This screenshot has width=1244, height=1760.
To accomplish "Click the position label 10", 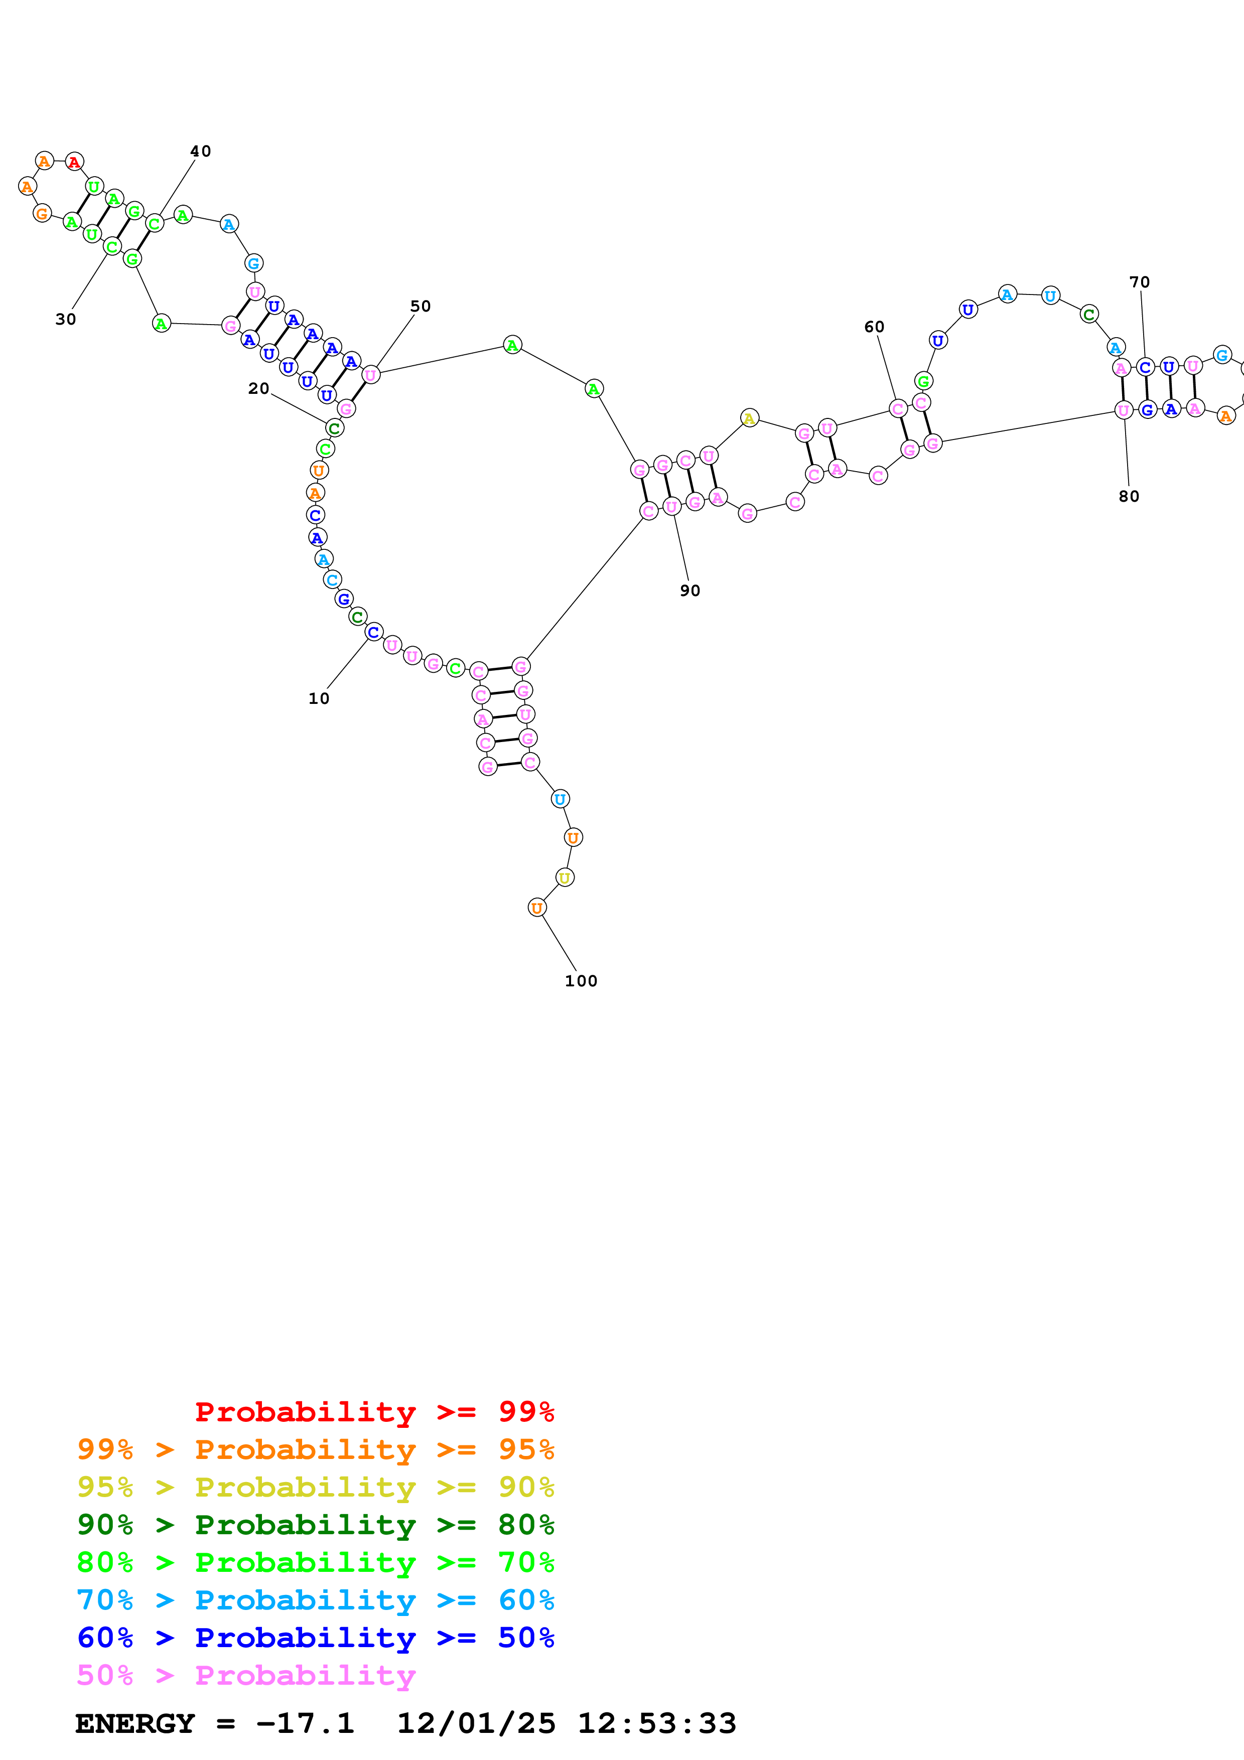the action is pyautogui.click(x=319, y=698).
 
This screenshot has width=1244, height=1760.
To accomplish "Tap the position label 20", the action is pyautogui.click(x=258, y=389).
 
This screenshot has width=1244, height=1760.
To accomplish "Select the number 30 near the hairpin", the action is pyautogui.click(x=66, y=319).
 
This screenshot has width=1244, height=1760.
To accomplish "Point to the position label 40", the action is pyautogui.click(x=201, y=151).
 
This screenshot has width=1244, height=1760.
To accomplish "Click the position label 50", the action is pyautogui.click(x=420, y=306).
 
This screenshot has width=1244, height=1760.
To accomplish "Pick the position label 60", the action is pyautogui.click(x=874, y=327).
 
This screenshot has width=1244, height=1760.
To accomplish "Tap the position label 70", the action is pyautogui.click(x=1139, y=282).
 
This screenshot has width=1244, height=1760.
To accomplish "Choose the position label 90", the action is pyautogui.click(x=690, y=590).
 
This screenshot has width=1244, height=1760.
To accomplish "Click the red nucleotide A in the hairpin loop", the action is pyautogui.click(x=74, y=162).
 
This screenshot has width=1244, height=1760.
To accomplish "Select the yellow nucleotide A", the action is pyautogui.click(x=750, y=418).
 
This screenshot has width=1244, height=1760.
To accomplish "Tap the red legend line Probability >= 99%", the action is pyautogui.click(x=374, y=1412).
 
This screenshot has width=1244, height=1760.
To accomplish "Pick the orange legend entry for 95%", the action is pyautogui.click(x=316, y=1449).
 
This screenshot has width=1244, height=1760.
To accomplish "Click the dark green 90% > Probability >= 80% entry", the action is pyautogui.click(x=316, y=1525).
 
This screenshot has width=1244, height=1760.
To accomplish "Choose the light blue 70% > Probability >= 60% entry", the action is pyautogui.click(x=316, y=1600).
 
